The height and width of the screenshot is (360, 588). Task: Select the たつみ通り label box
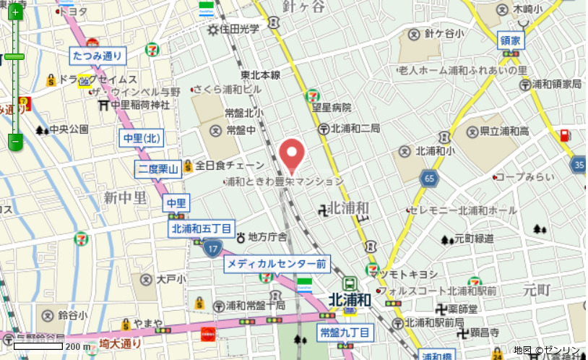(x=98, y=55)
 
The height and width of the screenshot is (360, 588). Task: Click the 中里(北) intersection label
(x=142, y=137)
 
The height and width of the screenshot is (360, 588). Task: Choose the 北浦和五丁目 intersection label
(x=202, y=229)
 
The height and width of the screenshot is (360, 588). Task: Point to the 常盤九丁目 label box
(x=345, y=333)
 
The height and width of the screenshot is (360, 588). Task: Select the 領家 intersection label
(x=510, y=41)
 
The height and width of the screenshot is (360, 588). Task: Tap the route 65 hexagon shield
(x=431, y=178)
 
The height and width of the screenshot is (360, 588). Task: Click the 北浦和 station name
(x=349, y=299)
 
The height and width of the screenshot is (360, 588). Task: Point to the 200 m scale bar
(x=43, y=347)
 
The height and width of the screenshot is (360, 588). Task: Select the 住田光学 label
(x=239, y=30)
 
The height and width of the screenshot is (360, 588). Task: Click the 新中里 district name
(x=125, y=197)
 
